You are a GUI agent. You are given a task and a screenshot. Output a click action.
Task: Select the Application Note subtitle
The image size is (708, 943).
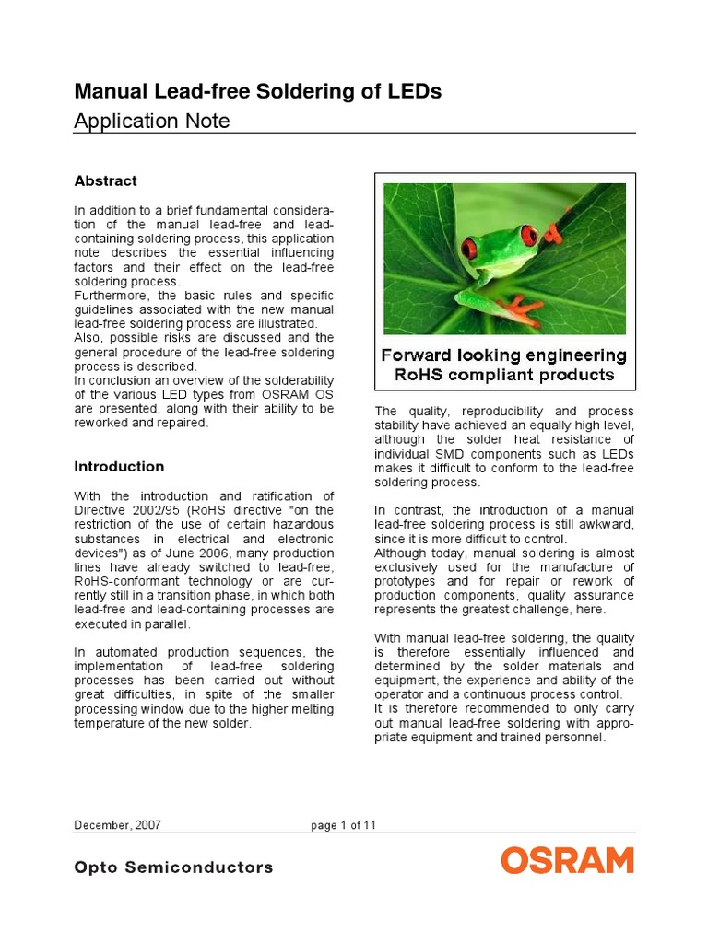pos(151,121)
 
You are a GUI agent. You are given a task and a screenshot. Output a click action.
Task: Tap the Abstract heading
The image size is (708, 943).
pos(105,180)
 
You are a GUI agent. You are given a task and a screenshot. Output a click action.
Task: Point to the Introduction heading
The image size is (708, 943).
pos(119,466)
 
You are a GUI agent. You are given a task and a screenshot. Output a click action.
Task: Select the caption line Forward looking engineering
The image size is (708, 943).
pos(504,355)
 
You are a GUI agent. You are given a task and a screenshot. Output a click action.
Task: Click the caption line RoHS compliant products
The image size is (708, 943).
pos(504,375)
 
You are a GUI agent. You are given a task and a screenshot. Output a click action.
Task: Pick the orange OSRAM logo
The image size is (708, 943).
pos(567,861)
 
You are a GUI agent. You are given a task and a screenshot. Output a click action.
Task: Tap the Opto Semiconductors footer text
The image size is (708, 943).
pos(173,867)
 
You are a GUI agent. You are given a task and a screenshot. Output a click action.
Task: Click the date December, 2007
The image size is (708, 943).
pos(117,825)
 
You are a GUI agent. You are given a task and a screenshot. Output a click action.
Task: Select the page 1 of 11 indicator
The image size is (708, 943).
pos(344,825)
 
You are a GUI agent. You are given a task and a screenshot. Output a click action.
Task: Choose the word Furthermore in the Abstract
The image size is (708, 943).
pos(110,296)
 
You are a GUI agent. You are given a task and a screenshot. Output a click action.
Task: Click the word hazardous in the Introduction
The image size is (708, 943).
pos(304,525)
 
